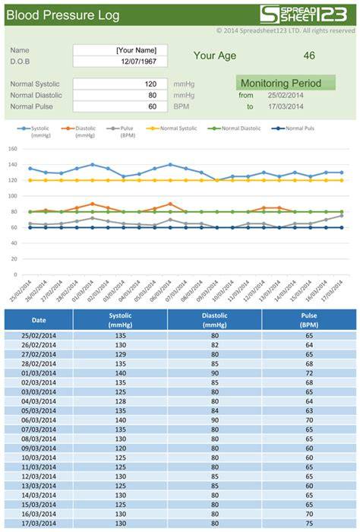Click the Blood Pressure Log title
tap(63, 15)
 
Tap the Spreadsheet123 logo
tap(303, 14)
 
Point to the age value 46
tap(309, 55)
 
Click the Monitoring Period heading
tap(281, 83)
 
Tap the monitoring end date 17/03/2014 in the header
tap(286, 106)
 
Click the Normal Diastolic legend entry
tap(234, 128)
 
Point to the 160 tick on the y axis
tap(13, 149)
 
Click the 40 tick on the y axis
tap(14, 243)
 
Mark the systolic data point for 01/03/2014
tap(92, 165)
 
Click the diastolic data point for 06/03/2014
tap(170, 204)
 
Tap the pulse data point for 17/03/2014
tap(341, 216)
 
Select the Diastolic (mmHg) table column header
tap(215, 320)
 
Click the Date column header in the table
tap(39, 320)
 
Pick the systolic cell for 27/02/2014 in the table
tap(120, 354)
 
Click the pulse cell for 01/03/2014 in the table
tap(309, 373)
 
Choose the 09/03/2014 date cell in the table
tap(39, 448)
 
